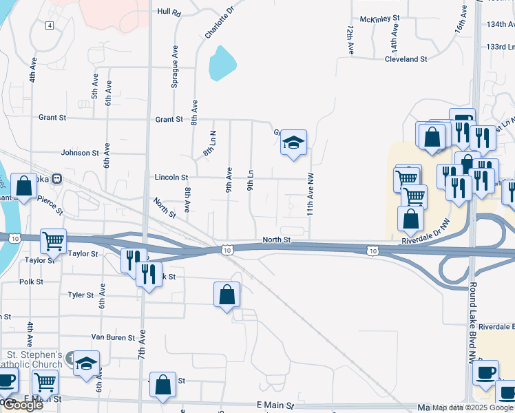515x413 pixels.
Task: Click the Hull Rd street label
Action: tap(168, 12)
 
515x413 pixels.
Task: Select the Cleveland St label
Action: tap(406, 59)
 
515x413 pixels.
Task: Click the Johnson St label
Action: tap(80, 153)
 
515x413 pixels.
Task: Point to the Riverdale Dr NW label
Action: tap(425, 240)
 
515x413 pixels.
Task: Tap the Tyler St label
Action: tap(81, 295)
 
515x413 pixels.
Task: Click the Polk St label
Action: tap(32, 282)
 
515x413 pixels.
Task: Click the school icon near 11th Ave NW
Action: tap(294, 143)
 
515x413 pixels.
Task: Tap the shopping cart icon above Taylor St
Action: tap(53, 241)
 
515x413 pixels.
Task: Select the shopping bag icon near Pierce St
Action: tap(23, 186)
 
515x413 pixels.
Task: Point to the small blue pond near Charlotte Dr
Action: tap(222, 63)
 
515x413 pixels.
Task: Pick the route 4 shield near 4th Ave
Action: tap(50, 25)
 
